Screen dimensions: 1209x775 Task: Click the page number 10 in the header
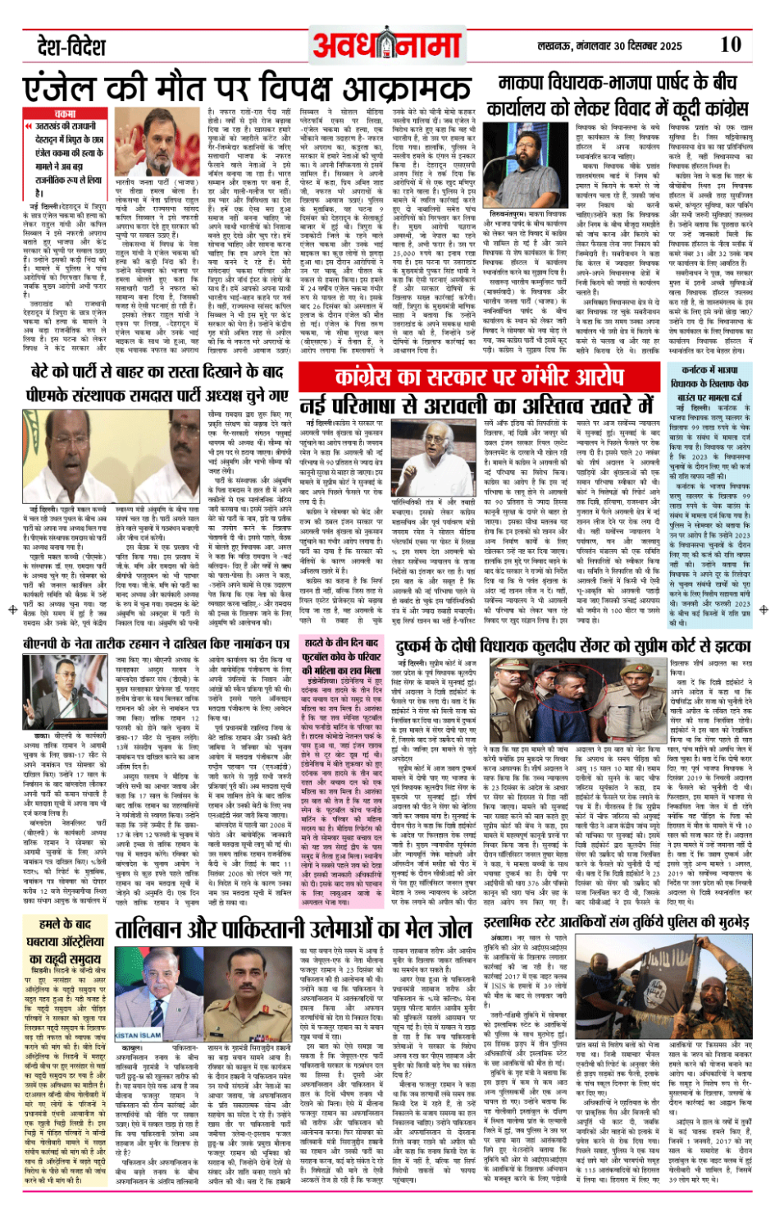(730, 44)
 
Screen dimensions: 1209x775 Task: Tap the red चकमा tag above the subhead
(64, 114)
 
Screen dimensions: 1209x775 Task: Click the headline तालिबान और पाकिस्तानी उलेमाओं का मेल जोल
(293, 929)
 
